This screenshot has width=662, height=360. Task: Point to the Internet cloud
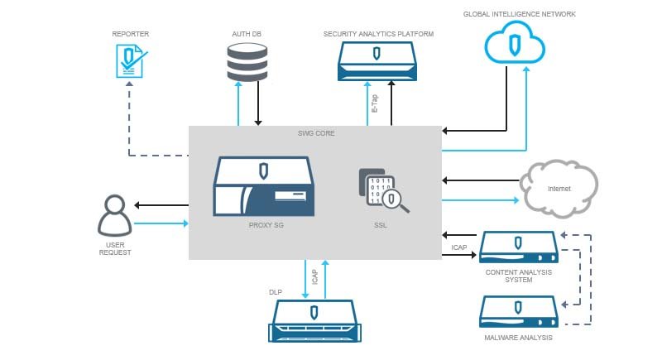(x=559, y=187)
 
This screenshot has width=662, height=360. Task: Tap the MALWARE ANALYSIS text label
(x=519, y=338)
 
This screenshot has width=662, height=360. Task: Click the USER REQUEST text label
(x=113, y=248)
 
